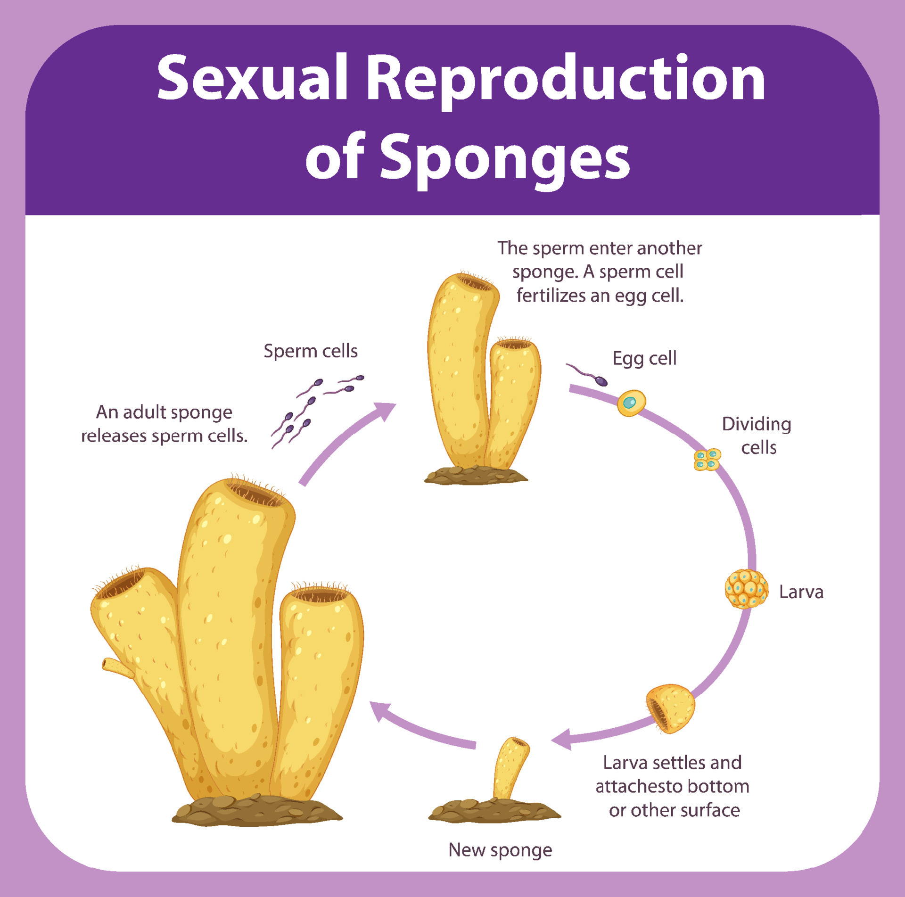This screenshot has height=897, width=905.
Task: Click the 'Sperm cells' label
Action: (x=310, y=351)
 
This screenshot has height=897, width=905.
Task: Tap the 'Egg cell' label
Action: (x=644, y=359)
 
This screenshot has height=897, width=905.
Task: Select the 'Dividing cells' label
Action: (x=757, y=436)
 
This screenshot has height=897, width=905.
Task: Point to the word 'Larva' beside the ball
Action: (x=801, y=592)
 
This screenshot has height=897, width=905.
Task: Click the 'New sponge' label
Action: (x=500, y=850)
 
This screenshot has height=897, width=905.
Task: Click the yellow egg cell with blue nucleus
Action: (x=631, y=403)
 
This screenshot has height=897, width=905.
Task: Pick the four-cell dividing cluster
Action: (x=707, y=459)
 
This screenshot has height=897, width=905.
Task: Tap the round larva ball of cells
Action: (x=746, y=589)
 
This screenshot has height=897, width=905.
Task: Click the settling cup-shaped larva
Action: (x=670, y=708)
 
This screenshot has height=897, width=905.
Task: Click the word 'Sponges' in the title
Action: (x=504, y=158)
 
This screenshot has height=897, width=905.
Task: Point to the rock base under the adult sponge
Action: (x=256, y=812)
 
